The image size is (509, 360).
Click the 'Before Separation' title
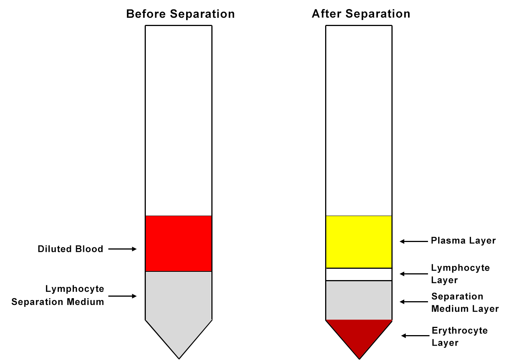tap(180, 14)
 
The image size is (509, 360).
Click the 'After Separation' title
tap(361, 14)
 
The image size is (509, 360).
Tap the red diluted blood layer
tap(179, 244)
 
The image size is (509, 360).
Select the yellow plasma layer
tap(359, 242)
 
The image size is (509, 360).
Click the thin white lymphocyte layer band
tap(359, 274)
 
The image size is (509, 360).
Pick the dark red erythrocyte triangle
tap(359, 334)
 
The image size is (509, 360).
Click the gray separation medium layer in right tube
tap(359, 300)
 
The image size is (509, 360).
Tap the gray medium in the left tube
tap(179, 302)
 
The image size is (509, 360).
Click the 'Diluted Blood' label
tap(70, 249)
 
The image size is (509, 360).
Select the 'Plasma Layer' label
tap(463, 241)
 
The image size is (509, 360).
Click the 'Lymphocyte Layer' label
tap(460, 274)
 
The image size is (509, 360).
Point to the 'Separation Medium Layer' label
tap(465, 302)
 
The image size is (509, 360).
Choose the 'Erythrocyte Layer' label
tap(460, 336)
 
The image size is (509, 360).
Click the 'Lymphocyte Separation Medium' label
tap(58, 295)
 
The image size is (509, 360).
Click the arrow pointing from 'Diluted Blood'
tap(122, 249)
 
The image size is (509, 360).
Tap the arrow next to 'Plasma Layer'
tap(414, 241)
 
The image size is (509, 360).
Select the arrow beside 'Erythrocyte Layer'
tap(415, 335)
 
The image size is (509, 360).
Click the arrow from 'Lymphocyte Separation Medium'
tap(122, 296)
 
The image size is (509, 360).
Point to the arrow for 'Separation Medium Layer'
tap(414, 302)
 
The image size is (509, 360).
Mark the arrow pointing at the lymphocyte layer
tap(414, 274)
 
